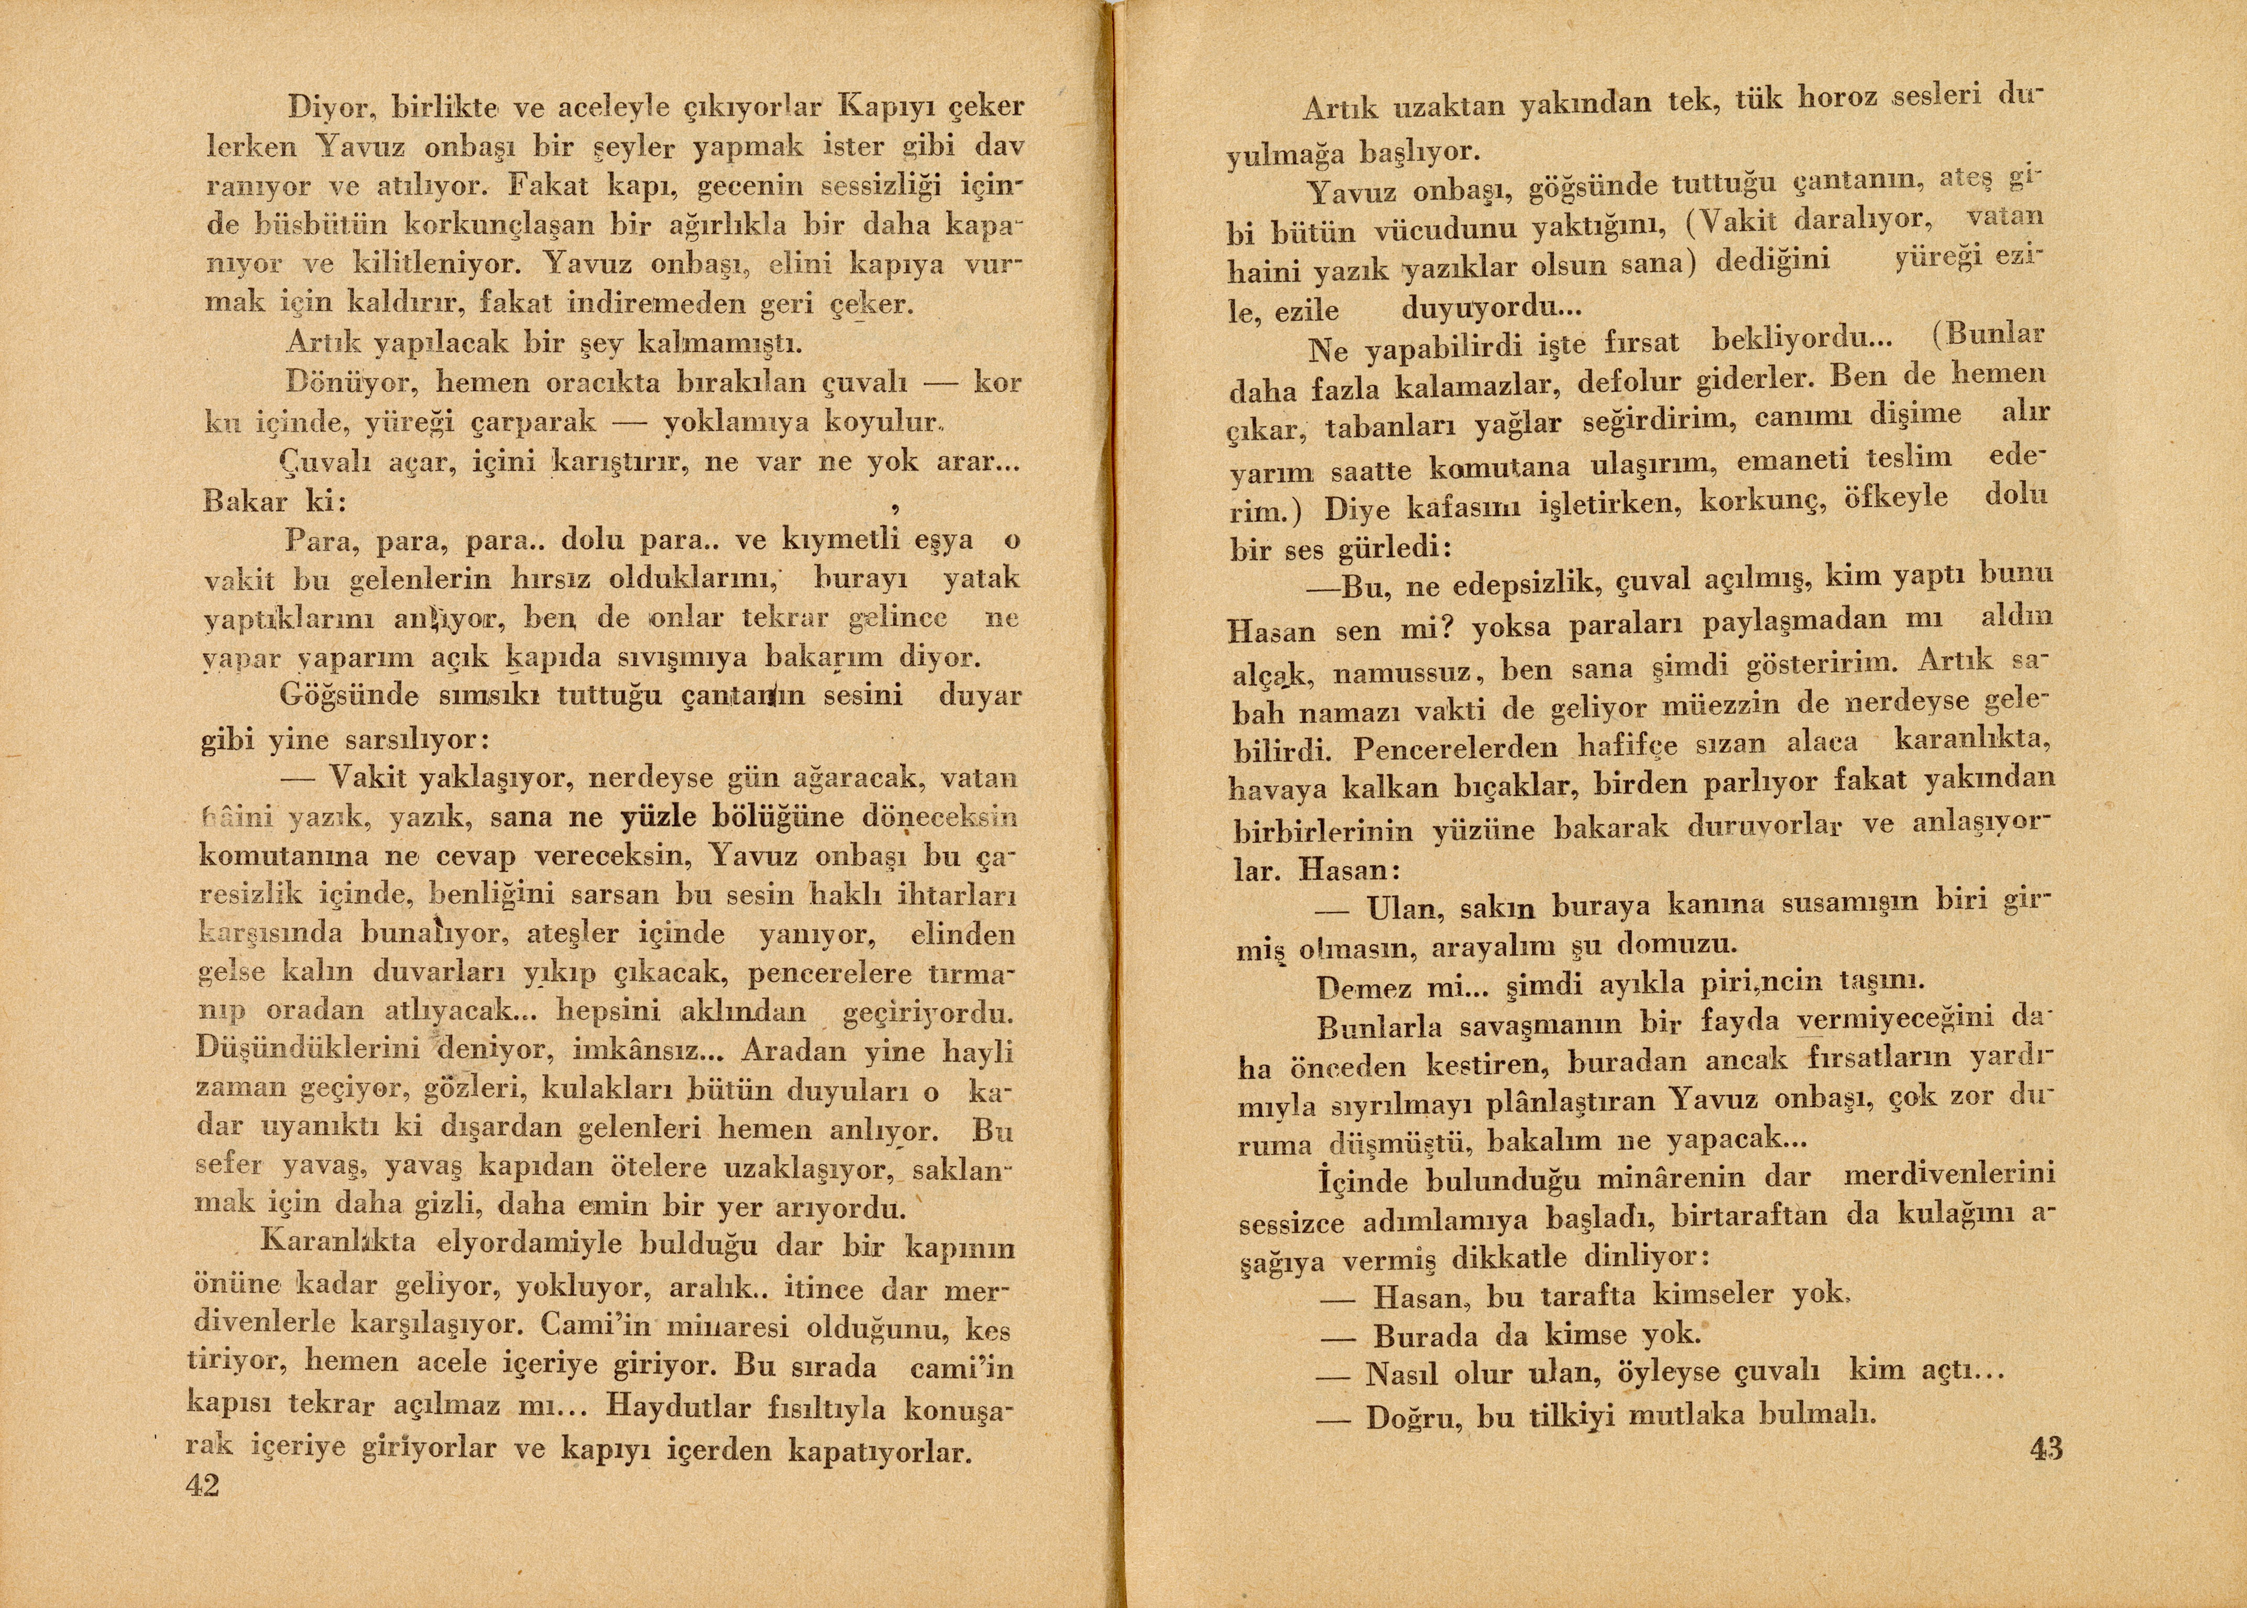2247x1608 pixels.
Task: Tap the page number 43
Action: [2046, 1449]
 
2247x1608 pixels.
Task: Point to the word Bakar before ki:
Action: [245, 501]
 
